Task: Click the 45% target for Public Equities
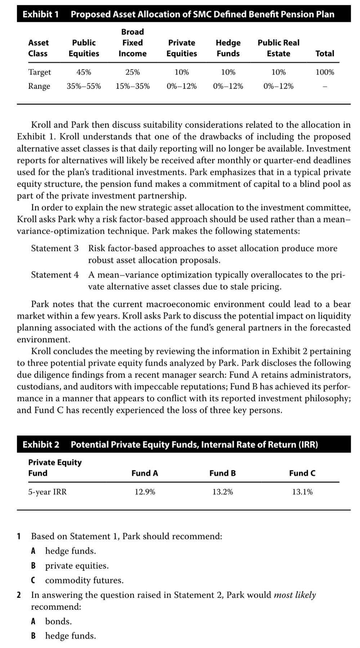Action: [x=84, y=72]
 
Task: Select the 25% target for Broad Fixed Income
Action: [x=133, y=72]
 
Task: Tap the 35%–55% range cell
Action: [x=84, y=86]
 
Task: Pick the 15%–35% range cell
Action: [x=133, y=86]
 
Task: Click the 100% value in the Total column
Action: [x=325, y=72]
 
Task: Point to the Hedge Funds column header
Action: [x=228, y=48]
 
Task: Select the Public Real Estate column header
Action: [x=278, y=48]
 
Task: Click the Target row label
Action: [x=40, y=72]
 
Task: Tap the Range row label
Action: [x=39, y=86]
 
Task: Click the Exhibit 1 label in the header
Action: [x=40, y=14]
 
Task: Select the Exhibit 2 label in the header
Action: [x=41, y=444]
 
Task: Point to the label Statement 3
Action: [x=55, y=248]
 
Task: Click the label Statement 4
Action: [x=55, y=275]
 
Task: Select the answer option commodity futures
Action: [x=84, y=580]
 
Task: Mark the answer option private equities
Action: [x=77, y=565]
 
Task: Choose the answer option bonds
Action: [x=58, y=621]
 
